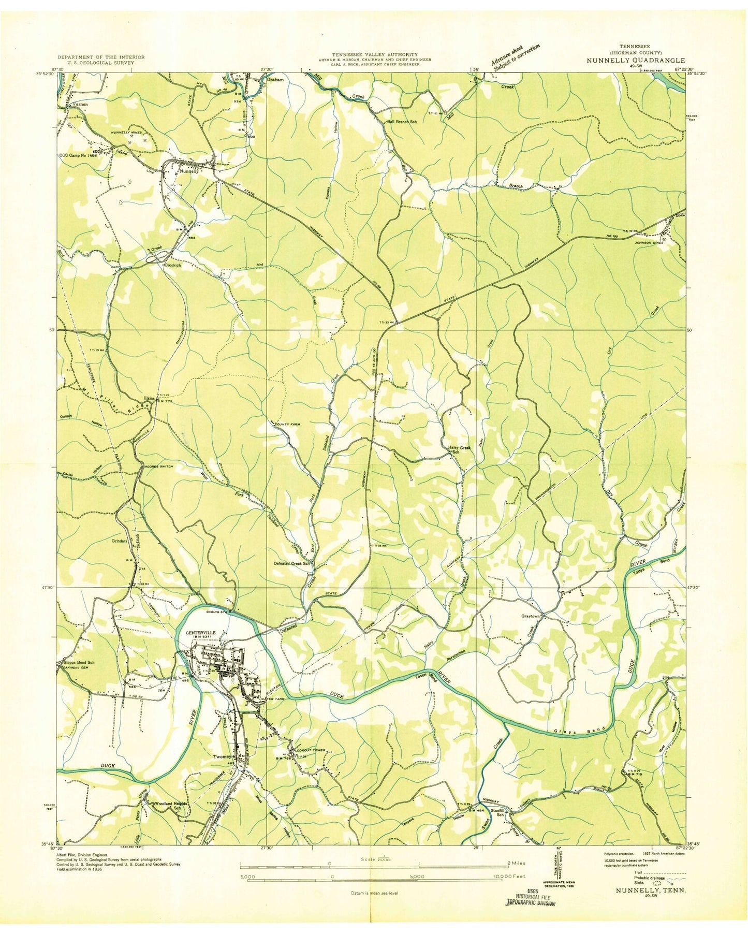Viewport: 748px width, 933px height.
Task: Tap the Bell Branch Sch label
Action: click(402, 122)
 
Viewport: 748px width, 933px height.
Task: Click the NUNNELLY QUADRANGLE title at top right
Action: click(635, 60)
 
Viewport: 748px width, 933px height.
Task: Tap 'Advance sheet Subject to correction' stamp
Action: click(516, 56)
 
